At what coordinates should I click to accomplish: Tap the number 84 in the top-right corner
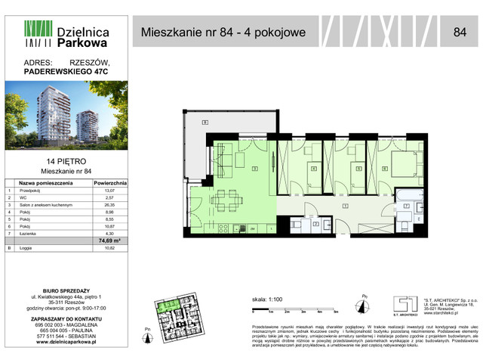pyautogui.click(x=460, y=32)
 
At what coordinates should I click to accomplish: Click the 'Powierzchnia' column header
pyautogui.click(x=110, y=183)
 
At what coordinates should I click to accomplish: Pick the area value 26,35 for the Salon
pyautogui.click(x=110, y=206)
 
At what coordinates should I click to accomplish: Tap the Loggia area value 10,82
pyautogui.click(x=110, y=247)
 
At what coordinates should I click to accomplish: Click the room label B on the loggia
pyautogui.click(x=204, y=123)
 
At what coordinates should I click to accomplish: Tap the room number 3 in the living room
pyautogui.click(x=255, y=168)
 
